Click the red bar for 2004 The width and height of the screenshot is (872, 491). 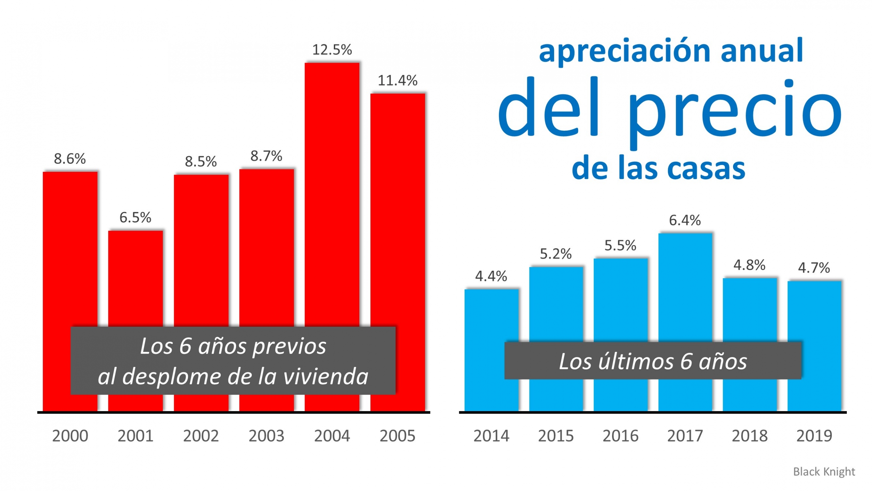pyautogui.click(x=332, y=194)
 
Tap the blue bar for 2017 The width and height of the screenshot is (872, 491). pyautogui.click(x=685, y=286)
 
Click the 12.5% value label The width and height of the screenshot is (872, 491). pyautogui.click(x=332, y=50)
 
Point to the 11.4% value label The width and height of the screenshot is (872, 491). pyautogui.click(x=397, y=81)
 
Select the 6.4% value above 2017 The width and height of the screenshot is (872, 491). pyautogui.click(x=685, y=220)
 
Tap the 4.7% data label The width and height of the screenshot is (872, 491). pyautogui.click(x=814, y=268)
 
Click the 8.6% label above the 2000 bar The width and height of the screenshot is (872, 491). pyautogui.click(x=70, y=159)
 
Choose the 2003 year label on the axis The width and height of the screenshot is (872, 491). pyautogui.click(x=266, y=436)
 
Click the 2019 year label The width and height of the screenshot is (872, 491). pyautogui.click(x=814, y=436)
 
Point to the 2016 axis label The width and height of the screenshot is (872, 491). pyautogui.click(x=620, y=436)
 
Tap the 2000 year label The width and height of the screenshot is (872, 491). pyautogui.click(x=70, y=436)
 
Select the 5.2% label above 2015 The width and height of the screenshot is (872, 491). pyautogui.click(x=556, y=254)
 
